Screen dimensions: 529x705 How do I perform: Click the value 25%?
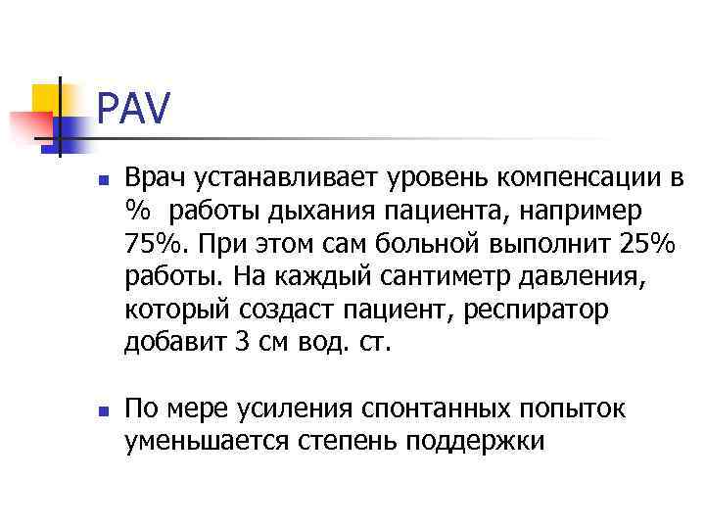[619, 243]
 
